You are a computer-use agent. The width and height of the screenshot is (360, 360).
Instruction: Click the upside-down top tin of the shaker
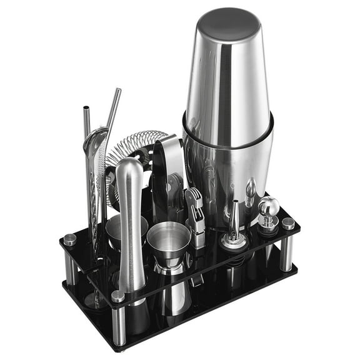coord(229,69)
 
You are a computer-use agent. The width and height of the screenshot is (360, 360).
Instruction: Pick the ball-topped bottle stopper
coord(268,209)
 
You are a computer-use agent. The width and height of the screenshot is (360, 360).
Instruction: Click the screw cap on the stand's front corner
coord(117,296)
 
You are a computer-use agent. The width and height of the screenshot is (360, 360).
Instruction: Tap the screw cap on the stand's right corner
coord(288,223)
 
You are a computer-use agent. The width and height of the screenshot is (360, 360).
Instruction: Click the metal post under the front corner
coord(119,325)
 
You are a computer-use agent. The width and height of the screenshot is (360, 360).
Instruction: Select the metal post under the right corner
coord(287,250)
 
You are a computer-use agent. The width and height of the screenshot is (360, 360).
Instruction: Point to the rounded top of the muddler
coord(129,167)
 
